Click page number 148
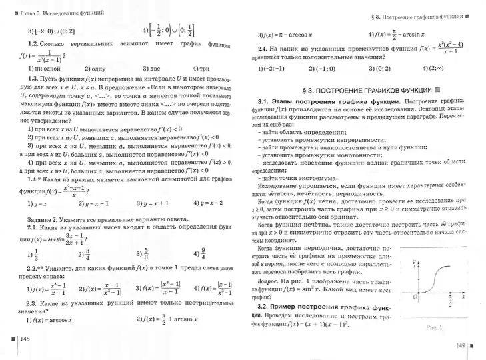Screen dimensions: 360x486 click(x=26, y=339)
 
